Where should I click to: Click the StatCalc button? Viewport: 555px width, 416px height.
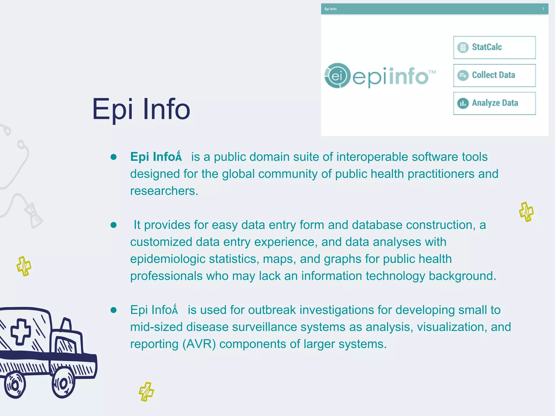point(494,47)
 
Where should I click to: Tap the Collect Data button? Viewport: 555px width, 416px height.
point(494,75)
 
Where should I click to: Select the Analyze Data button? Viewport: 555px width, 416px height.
point(494,103)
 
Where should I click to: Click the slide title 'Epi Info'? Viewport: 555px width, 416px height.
point(141,109)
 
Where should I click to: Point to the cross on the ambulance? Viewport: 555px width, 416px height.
point(20,331)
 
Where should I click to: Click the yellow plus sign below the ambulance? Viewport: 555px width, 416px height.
point(146,392)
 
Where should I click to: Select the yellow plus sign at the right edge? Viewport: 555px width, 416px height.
point(526,212)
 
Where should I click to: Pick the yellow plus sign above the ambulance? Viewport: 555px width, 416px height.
point(24,266)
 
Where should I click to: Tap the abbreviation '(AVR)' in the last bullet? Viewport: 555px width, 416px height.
point(199,344)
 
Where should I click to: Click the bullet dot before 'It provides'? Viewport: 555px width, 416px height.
point(114,225)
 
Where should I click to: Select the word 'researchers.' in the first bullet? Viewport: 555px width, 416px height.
point(164,191)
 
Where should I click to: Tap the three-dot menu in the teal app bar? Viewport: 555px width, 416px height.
point(543,9)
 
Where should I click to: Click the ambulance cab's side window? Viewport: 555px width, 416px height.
point(65,345)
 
